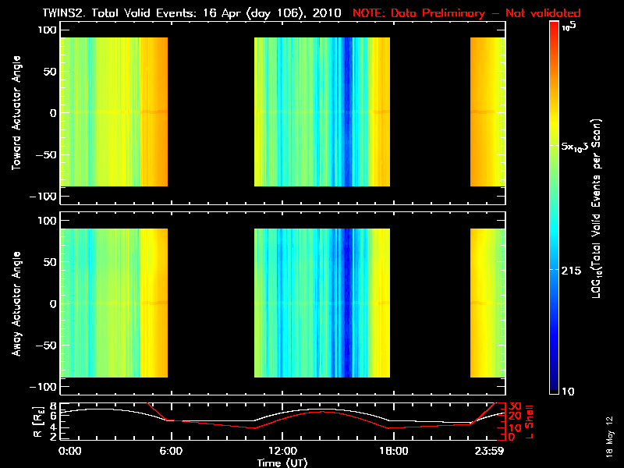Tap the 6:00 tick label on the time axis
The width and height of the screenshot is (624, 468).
click(x=171, y=451)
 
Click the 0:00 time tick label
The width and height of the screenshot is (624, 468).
click(x=70, y=451)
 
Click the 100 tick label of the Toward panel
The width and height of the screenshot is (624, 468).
click(x=48, y=30)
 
